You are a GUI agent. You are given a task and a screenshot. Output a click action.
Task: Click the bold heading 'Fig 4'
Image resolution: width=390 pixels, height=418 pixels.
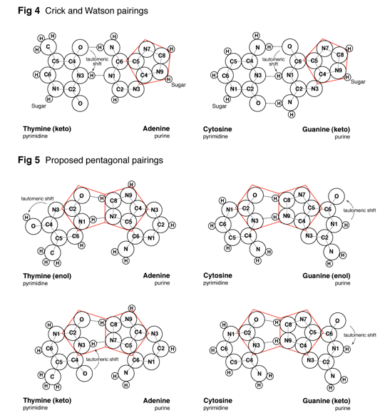[x=29, y=11]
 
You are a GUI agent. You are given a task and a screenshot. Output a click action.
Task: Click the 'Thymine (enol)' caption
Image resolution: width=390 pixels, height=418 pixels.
[x=47, y=275]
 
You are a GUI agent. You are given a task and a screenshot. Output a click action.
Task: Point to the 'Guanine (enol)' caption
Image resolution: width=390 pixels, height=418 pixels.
[x=327, y=275]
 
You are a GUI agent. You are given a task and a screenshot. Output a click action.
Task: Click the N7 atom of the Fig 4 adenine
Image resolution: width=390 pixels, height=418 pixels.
[x=147, y=49]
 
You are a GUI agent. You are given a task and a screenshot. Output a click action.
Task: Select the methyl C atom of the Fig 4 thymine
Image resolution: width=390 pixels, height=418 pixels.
[x=48, y=46]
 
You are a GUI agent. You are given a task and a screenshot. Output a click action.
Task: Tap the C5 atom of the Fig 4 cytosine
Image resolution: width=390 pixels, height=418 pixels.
[x=233, y=61]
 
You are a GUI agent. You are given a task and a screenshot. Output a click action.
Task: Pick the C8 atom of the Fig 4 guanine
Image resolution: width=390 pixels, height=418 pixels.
[x=340, y=55]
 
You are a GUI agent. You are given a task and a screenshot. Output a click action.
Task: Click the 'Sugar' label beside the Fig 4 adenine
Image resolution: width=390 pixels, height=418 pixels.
[x=178, y=85]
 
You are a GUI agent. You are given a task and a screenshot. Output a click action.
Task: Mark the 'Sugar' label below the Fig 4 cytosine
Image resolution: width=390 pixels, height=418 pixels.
[x=220, y=106]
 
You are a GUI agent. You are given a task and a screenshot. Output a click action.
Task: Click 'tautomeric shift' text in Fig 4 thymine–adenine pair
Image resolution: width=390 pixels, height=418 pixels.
[x=97, y=61]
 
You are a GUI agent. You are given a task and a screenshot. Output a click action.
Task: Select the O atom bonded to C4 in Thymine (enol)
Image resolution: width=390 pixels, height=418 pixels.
[x=34, y=226]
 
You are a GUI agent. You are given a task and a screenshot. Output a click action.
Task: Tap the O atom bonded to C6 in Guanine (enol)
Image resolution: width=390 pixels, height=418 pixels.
[x=337, y=196]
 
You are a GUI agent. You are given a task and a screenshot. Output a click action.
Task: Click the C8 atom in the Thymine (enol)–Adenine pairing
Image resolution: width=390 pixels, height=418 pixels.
[x=113, y=200]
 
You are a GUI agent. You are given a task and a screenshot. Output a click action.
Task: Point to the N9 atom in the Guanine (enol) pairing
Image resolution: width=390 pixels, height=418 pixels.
[x=287, y=215]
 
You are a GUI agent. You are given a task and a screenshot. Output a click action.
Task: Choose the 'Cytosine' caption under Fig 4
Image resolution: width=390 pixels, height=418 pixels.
[x=217, y=129]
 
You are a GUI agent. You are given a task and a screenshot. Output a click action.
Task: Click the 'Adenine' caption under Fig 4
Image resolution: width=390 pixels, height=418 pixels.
[x=156, y=128]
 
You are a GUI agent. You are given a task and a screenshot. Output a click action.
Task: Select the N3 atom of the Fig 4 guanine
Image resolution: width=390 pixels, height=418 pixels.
[x=314, y=88]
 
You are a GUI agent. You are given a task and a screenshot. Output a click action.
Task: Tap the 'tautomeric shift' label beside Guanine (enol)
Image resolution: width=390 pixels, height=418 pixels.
[x=359, y=210]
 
